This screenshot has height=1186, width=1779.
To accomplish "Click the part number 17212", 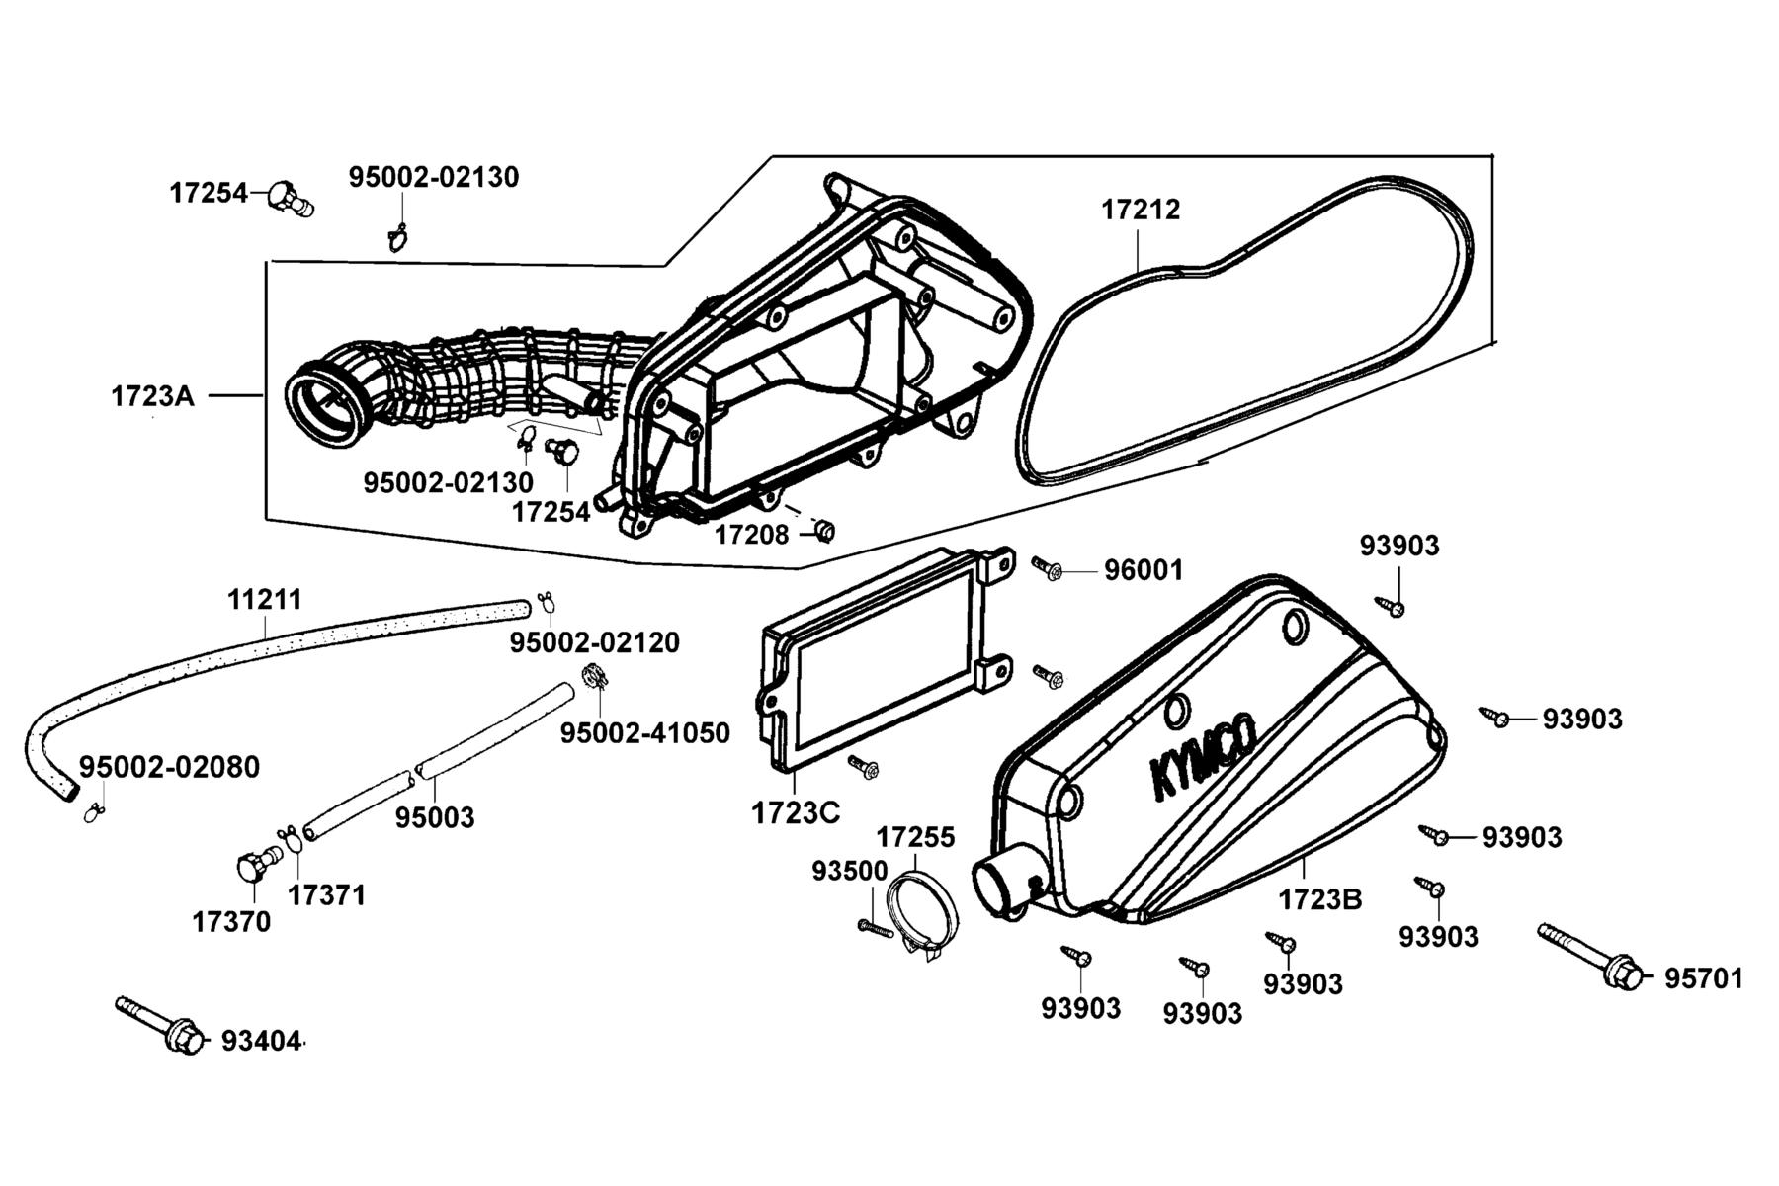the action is (1141, 210).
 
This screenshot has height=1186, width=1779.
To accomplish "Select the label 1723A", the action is (152, 396).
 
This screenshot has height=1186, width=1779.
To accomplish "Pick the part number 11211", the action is (265, 600).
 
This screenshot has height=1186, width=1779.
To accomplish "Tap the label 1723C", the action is (796, 812).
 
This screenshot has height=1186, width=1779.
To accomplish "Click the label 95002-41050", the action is (644, 733).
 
